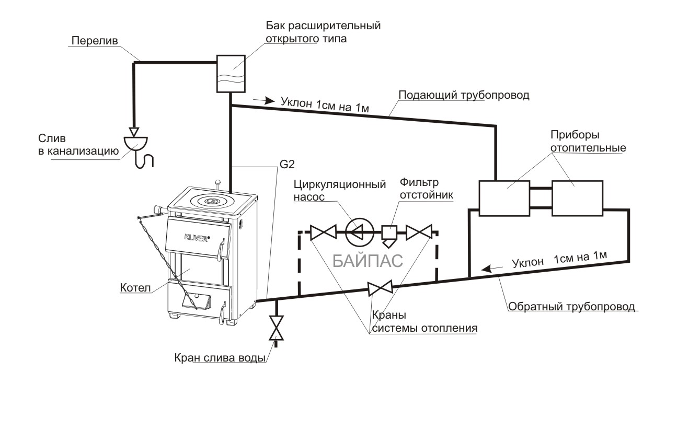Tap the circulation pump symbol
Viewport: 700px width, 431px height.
[360, 232]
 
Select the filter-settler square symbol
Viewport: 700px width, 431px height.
[389, 232]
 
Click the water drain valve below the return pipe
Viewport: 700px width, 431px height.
[276, 328]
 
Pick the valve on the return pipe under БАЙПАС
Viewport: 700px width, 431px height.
[380, 288]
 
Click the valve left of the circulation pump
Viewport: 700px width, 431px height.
[323, 232]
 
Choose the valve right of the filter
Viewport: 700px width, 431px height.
[419, 232]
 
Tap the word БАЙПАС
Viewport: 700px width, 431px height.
[368, 261]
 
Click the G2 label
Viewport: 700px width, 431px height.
[287, 164]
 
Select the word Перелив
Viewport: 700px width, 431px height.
[95, 41]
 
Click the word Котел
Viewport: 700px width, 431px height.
[135, 288]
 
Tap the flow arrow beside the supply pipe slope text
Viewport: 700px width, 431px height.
[264, 100]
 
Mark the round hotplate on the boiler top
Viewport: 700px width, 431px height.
[210, 200]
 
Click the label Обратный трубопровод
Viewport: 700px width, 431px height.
[571, 306]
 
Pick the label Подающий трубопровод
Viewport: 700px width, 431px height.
[464, 95]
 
